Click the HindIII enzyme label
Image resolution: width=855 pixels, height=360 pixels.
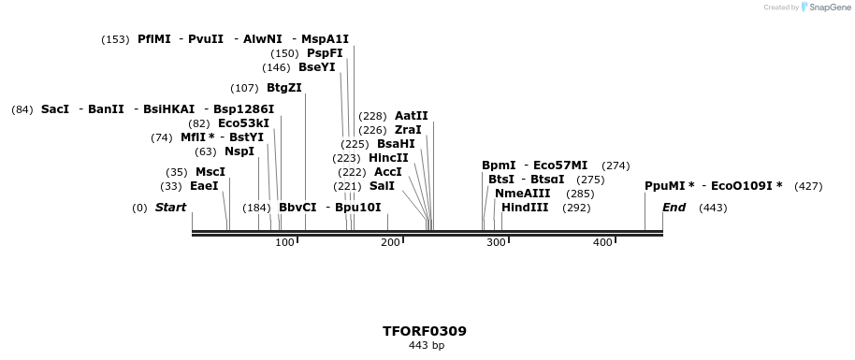coord(525,208)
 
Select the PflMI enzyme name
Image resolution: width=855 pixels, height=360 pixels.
coord(153,39)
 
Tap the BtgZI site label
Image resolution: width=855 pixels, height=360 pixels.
coord(283,88)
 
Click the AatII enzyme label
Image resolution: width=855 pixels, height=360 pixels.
coord(411,116)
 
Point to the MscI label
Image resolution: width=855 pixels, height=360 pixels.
coord(210,172)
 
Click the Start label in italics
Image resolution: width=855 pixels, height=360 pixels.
coord(170,208)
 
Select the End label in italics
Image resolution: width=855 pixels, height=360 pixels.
coord(674,208)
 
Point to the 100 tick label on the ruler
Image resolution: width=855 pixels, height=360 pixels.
coord(284,243)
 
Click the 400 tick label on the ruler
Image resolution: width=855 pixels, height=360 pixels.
coord(602,243)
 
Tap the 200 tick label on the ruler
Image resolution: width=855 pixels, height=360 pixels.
coord(390,243)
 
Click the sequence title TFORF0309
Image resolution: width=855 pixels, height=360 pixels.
coord(425,331)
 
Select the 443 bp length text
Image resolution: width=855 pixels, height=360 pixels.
coord(426,346)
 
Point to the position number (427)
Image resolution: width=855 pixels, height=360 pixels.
coord(807,186)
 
